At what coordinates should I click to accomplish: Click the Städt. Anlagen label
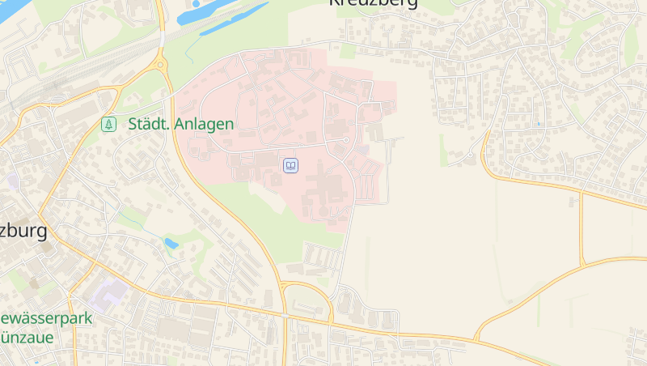point(180,124)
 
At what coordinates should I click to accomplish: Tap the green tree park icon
point(108,124)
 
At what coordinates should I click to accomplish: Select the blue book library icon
point(290,165)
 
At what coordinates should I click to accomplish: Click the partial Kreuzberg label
point(373,3)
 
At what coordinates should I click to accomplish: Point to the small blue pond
point(171,242)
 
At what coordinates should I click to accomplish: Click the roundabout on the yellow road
point(160,64)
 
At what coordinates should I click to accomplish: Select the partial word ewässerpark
point(47,318)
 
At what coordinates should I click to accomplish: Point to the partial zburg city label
point(23,231)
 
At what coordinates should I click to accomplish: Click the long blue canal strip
point(235,19)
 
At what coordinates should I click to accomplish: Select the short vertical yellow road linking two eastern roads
point(581,229)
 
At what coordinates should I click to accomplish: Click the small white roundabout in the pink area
point(346,141)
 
